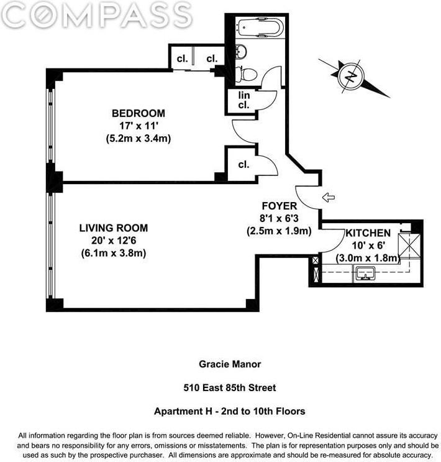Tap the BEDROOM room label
click(x=138, y=113)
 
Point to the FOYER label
click(x=279, y=206)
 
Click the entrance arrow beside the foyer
click(x=329, y=198)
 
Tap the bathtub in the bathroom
click(x=260, y=29)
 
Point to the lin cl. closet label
click(x=243, y=100)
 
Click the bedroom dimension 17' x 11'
click(x=138, y=126)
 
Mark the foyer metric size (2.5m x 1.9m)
click(x=279, y=231)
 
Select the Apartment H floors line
click(x=229, y=412)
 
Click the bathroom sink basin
click(x=242, y=50)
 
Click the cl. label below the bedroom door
click(x=243, y=165)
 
